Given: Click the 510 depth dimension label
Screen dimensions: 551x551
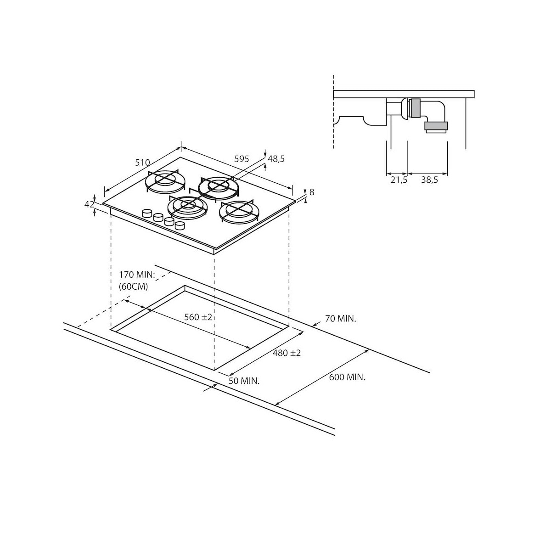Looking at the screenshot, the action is tap(142, 163).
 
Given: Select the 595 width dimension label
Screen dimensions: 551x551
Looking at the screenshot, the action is tap(242, 159).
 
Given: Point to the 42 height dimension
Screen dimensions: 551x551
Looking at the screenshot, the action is tap(89, 204).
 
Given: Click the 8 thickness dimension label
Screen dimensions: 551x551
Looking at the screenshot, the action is tap(312, 192).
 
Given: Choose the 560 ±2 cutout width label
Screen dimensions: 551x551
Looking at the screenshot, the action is tap(198, 317).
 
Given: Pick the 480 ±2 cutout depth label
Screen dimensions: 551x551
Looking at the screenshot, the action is tap(287, 353).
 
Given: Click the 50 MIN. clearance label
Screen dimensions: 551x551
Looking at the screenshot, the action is tap(244, 381).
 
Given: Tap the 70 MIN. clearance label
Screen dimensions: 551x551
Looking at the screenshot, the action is tap(341, 319).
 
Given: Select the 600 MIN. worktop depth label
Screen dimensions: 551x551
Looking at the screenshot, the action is tap(347, 377).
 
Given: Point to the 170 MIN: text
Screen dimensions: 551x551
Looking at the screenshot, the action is tap(137, 275).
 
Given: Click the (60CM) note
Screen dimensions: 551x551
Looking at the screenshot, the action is tap(134, 287).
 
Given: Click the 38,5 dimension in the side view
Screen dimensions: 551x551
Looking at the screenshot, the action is tap(429, 180).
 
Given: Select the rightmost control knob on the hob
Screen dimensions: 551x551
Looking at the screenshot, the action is tap(180, 225).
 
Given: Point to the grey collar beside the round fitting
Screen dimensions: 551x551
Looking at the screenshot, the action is tap(415, 108).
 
